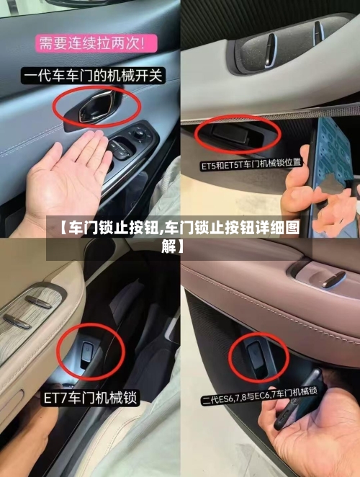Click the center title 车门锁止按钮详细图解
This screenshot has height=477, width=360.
179,210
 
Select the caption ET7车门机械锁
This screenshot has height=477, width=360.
89,397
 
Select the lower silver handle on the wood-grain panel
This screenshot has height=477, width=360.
17,321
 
